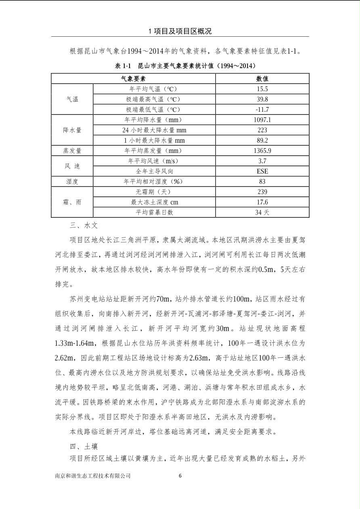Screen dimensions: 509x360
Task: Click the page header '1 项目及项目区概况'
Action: [x=180, y=31]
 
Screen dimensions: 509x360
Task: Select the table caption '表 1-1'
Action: [x=123, y=65]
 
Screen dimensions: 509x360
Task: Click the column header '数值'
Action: [x=262, y=79]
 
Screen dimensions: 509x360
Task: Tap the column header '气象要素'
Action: [x=133, y=79]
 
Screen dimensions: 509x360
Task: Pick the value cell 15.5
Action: [x=262, y=89]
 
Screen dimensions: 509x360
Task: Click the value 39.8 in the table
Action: [x=262, y=99]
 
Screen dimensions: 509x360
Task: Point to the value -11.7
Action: [x=262, y=110]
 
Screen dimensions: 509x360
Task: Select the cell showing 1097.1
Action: [x=262, y=120]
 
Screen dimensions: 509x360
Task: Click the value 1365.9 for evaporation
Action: [x=262, y=151]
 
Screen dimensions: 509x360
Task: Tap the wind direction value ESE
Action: [x=262, y=171]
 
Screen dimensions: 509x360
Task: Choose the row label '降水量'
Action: [x=72, y=130]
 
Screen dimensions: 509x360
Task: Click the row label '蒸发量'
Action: [x=72, y=151]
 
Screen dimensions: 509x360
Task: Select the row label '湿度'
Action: [x=72, y=182]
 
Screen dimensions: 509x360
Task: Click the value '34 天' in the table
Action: [x=262, y=213]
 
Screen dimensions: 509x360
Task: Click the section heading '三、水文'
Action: [x=84, y=226]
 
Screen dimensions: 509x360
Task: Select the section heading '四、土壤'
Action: [x=84, y=447]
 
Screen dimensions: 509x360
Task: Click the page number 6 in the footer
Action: [x=180, y=476]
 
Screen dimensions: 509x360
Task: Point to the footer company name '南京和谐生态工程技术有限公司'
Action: [x=93, y=476]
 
